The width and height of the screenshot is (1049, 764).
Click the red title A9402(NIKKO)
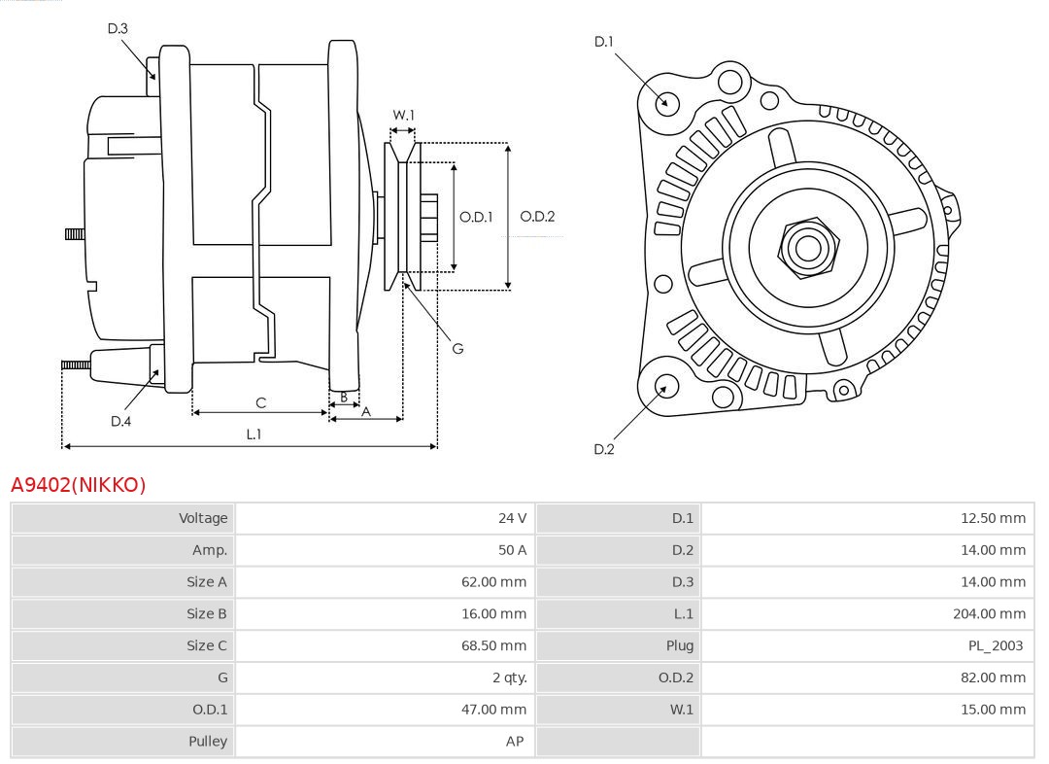click(78, 485)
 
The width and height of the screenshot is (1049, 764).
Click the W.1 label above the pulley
click(403, 115)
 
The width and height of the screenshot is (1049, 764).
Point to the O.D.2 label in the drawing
click(537, 217)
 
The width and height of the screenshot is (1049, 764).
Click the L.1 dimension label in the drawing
click(253, 434)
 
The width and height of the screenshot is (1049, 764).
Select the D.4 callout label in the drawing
click(120, 421)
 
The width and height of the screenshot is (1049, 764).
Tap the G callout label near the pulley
click(457, 348)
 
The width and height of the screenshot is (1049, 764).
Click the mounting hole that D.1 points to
click(666, 101)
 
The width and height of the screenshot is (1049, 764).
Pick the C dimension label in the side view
click(260, 402)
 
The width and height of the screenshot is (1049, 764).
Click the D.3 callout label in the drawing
click(118, 28)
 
